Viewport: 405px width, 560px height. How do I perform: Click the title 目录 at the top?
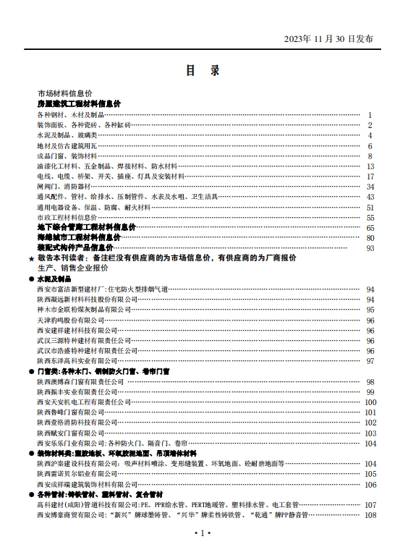(202, 71)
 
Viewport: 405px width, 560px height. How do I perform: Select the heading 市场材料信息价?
(65, 94)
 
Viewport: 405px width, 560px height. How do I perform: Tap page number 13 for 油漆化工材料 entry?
(370, 166)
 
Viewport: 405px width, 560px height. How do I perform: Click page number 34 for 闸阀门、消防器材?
(370, 187)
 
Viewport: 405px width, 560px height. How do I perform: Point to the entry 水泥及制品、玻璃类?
(67, 135)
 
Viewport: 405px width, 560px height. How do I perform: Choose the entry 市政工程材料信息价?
(67, 217)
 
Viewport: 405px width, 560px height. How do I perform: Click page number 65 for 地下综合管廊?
(370, 227)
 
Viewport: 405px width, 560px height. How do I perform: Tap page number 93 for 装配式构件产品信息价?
(370, 248)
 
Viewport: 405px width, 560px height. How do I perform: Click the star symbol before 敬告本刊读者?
(30, 258)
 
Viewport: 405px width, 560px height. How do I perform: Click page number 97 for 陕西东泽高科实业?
(370, 360)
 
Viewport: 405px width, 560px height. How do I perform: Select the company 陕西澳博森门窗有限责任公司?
(77, 381)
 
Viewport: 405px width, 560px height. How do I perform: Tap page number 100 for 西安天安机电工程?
(370, 402)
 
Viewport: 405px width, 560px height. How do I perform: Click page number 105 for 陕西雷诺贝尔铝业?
(370, 474)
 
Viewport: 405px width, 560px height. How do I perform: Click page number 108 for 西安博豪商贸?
(370, 515)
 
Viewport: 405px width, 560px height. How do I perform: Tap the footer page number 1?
(202, 533)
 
